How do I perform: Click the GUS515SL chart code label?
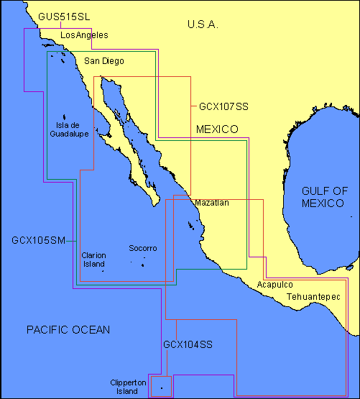64,16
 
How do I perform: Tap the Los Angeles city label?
84,35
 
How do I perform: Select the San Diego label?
104,61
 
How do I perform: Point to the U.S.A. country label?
203,24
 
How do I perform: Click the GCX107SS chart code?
223,106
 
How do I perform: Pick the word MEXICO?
217,129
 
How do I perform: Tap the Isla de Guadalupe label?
64,129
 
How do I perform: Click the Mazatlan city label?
212,203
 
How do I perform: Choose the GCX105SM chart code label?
38,240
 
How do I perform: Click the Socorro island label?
142,249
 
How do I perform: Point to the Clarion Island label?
93,260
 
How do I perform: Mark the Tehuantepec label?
313,296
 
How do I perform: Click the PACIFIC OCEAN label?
68,330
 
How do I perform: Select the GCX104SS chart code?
188,345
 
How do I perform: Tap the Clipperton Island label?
124,387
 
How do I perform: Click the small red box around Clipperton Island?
160,385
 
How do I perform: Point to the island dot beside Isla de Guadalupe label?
65,117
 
